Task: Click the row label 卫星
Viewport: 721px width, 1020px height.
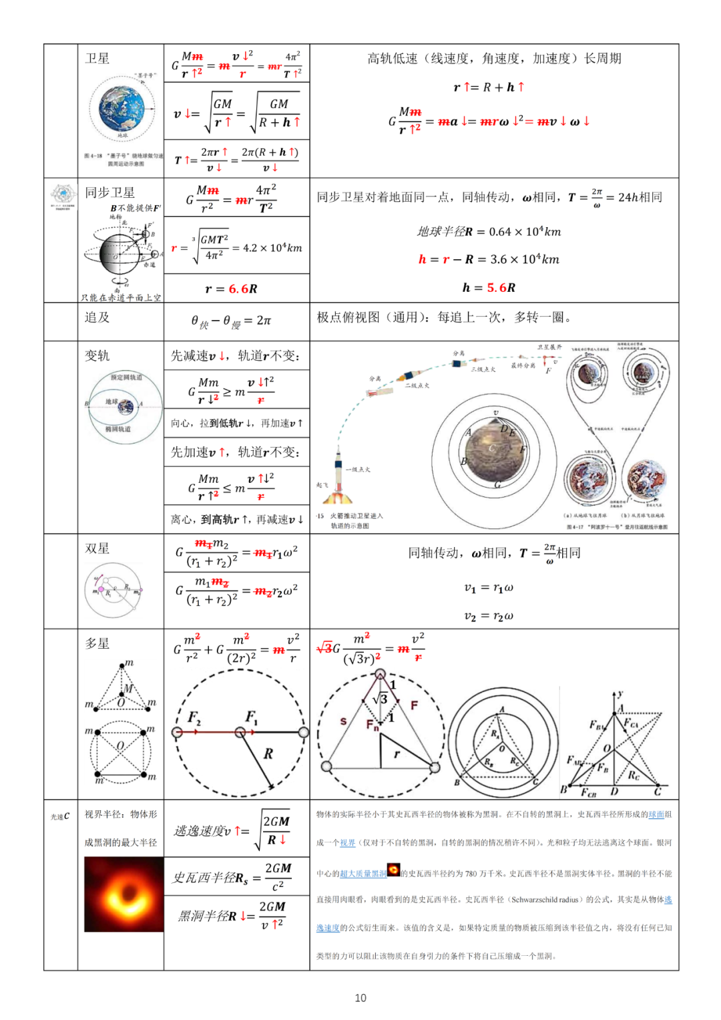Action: pyautogui.click(x=97, y=59)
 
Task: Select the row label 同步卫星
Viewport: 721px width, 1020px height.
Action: pyautogui.click(x=109, y=193)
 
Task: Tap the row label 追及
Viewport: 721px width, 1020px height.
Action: pyautogui.click(x=97, y=317)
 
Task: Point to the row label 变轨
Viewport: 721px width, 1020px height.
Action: pyautogui.click(x=97, y=356)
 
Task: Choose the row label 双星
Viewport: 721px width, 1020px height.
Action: pyautogui.click(x=97, y=548)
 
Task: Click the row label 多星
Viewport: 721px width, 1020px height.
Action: pyautogui.click(x=97, y=643)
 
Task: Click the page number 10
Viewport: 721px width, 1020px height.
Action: pyautogui.click(x=360, y=997)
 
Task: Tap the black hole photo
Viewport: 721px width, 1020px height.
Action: pyautogui.click(x=124, y=894)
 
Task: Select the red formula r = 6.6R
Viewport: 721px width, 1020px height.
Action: pyautogui.click(x=231, y=289)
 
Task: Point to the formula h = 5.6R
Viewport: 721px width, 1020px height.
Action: pyautogui.click(x=489, y=287)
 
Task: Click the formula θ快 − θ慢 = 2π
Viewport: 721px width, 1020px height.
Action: pyautogui.click(x=231, y=321)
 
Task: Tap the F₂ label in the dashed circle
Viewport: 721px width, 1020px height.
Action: pyautogui.click(x=194, y=717)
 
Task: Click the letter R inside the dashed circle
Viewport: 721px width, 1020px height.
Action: pyautogui.click(x=268, y=753)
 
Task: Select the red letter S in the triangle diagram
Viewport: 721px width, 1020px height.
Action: pyautogui.click(x=343, y=721)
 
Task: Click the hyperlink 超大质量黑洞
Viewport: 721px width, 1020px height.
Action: pyautogui.click(x=363, y=874)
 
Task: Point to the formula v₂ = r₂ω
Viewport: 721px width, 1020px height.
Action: pyautogui.click(x=489, y=616)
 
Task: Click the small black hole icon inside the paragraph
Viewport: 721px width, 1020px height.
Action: pyautogui.click(x=394, y=870)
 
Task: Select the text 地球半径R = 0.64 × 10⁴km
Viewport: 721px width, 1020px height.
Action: pyautogui.click(x=489, y=232)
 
